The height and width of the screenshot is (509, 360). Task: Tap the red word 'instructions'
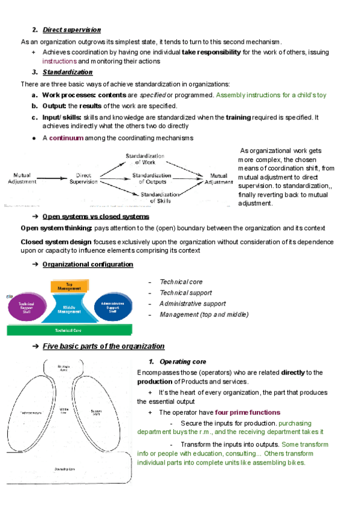click(x=59, y=61)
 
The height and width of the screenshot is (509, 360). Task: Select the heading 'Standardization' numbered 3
click(x=67, y=72)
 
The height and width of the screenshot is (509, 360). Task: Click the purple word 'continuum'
click(x=66, y=137)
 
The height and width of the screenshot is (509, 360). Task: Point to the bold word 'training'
click(x=238, y=117)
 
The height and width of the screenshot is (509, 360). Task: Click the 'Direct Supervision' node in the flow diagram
click(x=83, y=178)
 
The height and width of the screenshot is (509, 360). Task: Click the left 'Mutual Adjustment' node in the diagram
click(x=22, y=178)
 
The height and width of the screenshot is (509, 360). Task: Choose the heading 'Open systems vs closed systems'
click(x=95, y=217)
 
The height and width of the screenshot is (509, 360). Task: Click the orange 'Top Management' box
click(x=70, y=286)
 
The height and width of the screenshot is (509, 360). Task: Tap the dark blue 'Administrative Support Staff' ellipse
click(x=113, y=307)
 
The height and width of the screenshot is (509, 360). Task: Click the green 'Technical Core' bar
click(x=69, y=330)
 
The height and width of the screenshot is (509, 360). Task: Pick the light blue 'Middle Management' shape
click(x=70, y=309)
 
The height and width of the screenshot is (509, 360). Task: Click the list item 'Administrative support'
click(x=193, y=304)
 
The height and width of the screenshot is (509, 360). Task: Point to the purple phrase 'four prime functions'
click(x=247, y=412)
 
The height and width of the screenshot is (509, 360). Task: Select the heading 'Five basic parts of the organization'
click(x=103, y=346)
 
